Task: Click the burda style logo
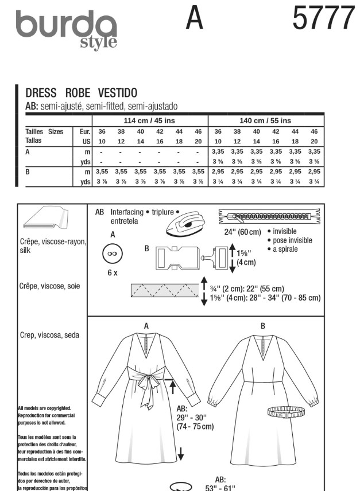67,29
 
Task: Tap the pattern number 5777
324,18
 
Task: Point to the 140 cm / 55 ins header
265,120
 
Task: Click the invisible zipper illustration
269,217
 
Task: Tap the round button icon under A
112,254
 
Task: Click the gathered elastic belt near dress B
289,411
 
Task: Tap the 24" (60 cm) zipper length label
242,232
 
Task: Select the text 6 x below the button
112,273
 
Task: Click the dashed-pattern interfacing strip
164,290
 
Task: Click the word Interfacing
128,211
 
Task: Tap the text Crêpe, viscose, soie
50,286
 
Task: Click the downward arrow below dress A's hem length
180,455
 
